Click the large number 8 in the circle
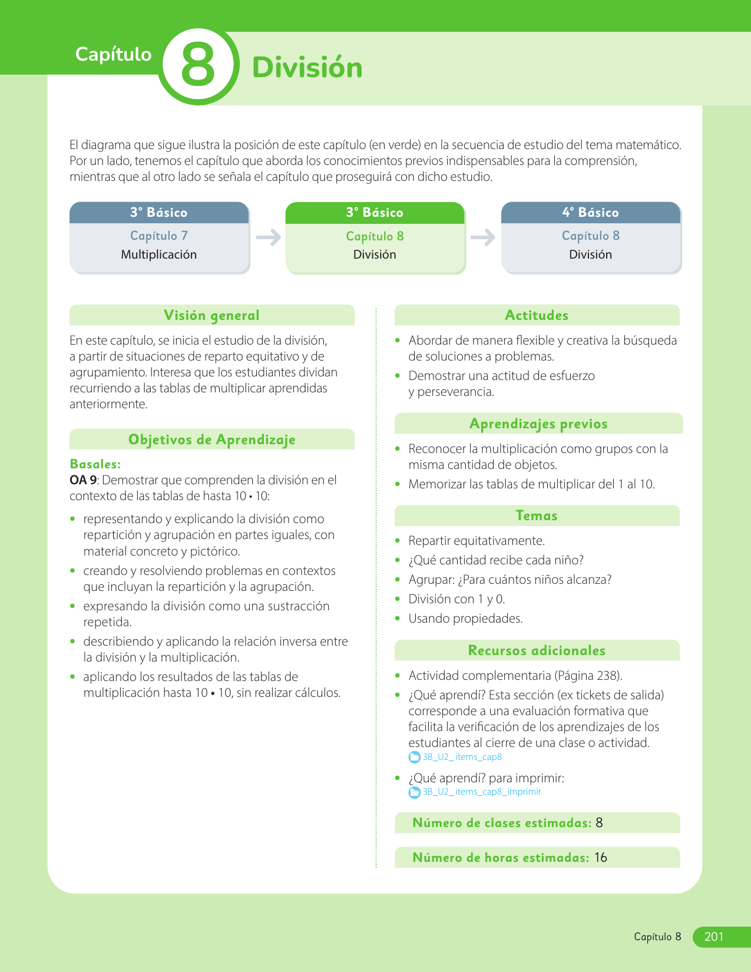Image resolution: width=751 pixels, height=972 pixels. [198, 66]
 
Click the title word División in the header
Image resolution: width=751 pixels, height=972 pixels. [307, 68]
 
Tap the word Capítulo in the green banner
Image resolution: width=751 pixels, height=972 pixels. [113, 54]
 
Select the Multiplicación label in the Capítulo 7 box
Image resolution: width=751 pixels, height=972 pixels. [158, 254]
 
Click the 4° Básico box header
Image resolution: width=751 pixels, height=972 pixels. [590, 213]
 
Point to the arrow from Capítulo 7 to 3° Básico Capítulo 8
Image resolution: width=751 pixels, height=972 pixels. [269, 237]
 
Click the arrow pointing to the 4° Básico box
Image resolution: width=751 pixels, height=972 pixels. [483, 237]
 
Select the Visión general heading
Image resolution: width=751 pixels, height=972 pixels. [211, 315]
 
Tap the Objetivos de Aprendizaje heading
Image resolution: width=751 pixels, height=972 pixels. [211, 439]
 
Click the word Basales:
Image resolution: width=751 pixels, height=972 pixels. [95, 464]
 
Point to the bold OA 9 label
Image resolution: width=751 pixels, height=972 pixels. [83, 480]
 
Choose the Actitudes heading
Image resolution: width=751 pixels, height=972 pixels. [536, 315]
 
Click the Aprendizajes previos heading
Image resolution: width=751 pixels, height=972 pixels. [538, 424]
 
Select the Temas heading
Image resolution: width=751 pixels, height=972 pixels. [536, 515]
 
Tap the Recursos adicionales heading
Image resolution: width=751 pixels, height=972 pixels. [536, 650]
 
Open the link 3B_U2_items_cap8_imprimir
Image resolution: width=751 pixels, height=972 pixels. [481, 792]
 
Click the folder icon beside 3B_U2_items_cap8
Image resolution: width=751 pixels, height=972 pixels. [415, 758]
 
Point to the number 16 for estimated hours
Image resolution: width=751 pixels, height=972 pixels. [600, 858]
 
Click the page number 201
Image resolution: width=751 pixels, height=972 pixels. [713, 937]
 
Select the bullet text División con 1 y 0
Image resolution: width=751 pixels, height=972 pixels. [456, 599]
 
